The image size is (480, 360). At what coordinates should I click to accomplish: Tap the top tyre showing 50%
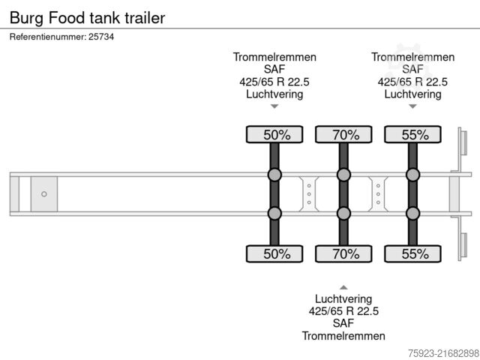coord(275,135)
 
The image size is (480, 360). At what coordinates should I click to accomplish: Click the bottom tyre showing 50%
coord(275,254)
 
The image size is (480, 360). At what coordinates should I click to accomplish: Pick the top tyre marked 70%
coord(344,135)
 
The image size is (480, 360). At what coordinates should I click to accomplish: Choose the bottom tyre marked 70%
coord(344,254)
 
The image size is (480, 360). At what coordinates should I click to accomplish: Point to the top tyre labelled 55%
coord(413,135)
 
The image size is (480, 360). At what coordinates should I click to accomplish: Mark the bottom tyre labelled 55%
coord(413,254)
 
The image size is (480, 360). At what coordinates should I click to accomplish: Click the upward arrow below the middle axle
coord(343,287)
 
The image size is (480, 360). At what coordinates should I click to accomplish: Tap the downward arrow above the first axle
coord(274,106)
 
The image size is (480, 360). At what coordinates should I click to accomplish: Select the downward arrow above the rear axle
coord(412,106)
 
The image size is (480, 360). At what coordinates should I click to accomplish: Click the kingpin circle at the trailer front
coord(44,194)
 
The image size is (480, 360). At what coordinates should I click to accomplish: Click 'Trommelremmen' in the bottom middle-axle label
coord(343,335)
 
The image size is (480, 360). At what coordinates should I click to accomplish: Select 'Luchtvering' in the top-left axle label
coord(274,94)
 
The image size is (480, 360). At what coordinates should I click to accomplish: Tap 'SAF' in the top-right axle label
coord(412,70)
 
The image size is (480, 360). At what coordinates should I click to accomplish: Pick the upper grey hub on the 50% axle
coord(275,175)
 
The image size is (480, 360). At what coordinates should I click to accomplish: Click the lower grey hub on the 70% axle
coord(344,214)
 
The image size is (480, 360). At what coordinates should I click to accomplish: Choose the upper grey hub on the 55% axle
coord(413,175)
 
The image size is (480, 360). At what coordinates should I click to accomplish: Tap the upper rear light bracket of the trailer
coord(463,143)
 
